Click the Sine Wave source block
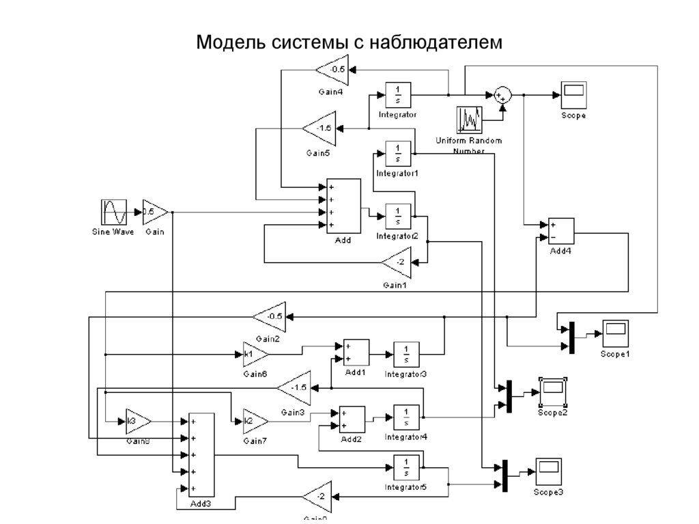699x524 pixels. [113, 212]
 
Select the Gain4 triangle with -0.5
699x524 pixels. [334, 69]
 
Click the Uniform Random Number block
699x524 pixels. [469, 120]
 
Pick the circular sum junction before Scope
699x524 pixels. [502, 95]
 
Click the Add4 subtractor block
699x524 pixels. [560, 232]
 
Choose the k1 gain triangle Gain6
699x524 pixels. [254, 355]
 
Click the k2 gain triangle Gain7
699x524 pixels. [254, 422]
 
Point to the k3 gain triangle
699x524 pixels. [136, 422]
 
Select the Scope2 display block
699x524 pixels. [552, 391]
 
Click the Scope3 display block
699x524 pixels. [548, 471]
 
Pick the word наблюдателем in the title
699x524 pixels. [436, 42]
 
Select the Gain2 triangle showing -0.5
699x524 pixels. [270, 316]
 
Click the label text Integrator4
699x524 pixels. [406, 436]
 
